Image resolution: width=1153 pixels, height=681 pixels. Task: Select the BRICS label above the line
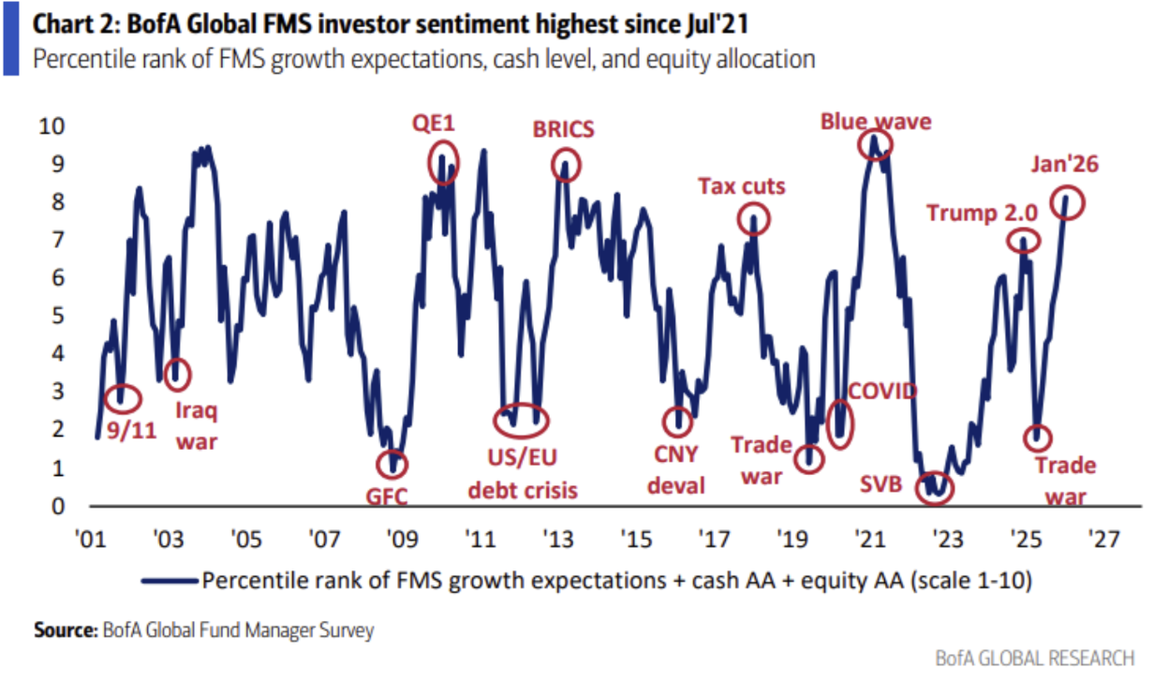pos(563,128)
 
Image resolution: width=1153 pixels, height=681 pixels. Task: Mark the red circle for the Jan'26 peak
pos(1067,201)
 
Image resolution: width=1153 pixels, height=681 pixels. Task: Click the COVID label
pos(882,391)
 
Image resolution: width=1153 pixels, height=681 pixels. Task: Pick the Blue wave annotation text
pos(876,122)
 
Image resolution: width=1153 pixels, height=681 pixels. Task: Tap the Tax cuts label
pos(742,186)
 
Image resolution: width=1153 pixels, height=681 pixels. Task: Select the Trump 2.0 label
pos(976,214)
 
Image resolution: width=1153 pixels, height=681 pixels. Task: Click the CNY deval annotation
pos(679,470)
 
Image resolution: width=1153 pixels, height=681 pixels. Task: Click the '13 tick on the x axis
pos(558,540)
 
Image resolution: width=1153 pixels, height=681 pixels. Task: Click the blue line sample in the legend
pos(169,581)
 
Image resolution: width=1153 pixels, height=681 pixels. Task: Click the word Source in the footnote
pos(64,630)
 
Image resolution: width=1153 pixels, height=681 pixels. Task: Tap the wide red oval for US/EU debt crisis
pos(522,417)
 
